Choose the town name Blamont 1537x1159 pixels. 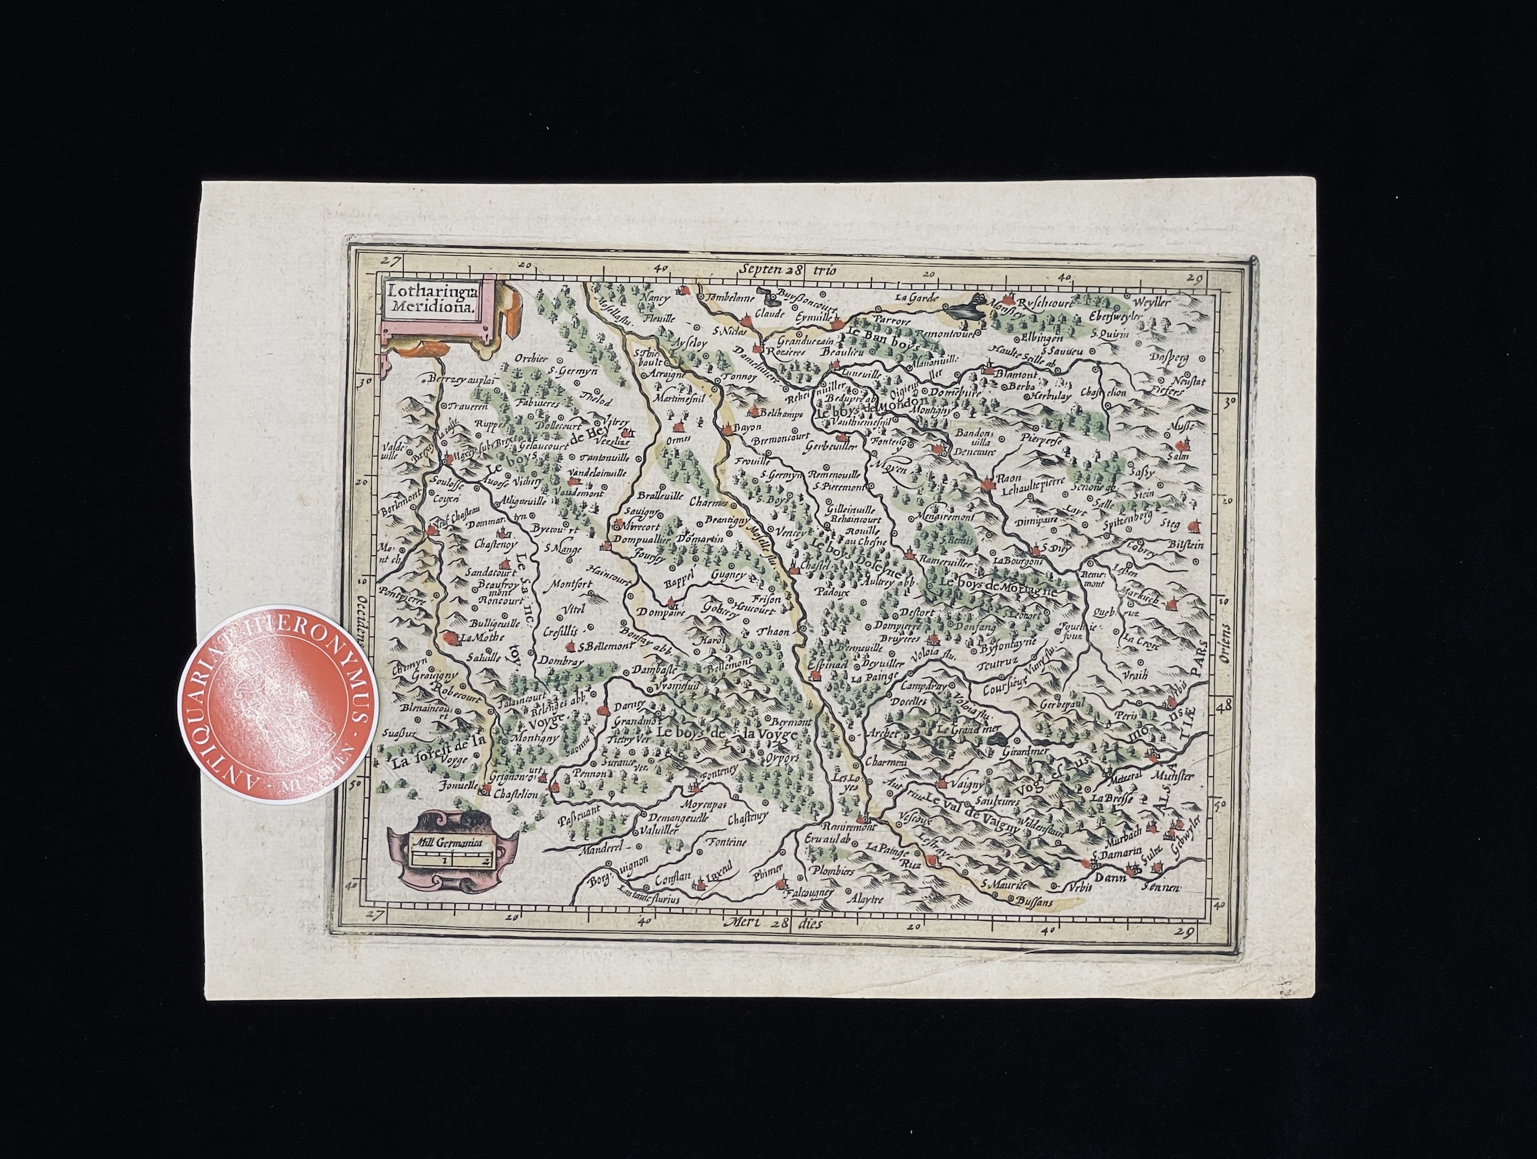pos(1016,373)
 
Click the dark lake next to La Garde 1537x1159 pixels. pos(968,307)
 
